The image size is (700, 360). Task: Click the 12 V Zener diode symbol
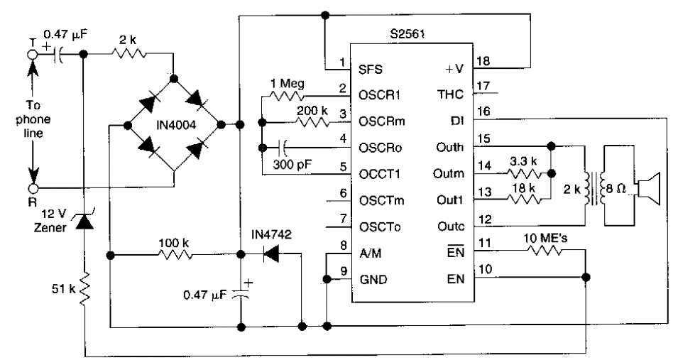point(83,222)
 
